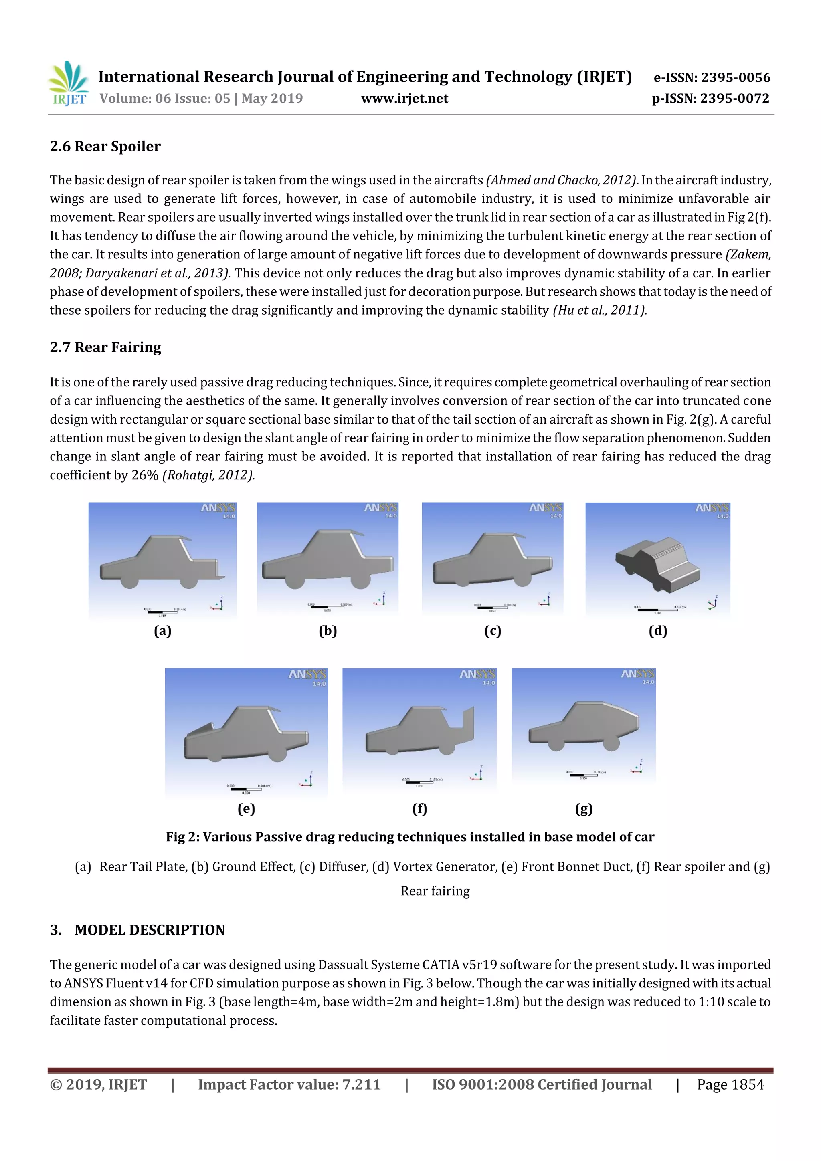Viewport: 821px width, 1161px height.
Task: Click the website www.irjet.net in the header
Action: pos(404,99)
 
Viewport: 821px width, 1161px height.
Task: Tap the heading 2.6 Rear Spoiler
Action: pos(105,147)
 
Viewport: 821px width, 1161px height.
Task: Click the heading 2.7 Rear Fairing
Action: pos(105,347)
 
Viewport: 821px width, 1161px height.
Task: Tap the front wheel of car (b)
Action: pos(294,581)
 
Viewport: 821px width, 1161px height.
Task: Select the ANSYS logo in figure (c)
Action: pos(545,507)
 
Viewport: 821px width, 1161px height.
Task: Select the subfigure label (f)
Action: pos(419,809)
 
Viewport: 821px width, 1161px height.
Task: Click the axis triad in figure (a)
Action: pos(218,603)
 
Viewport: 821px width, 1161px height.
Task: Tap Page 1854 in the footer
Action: pos(730,1084)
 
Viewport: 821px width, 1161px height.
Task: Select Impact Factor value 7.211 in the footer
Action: pos(289,1084)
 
